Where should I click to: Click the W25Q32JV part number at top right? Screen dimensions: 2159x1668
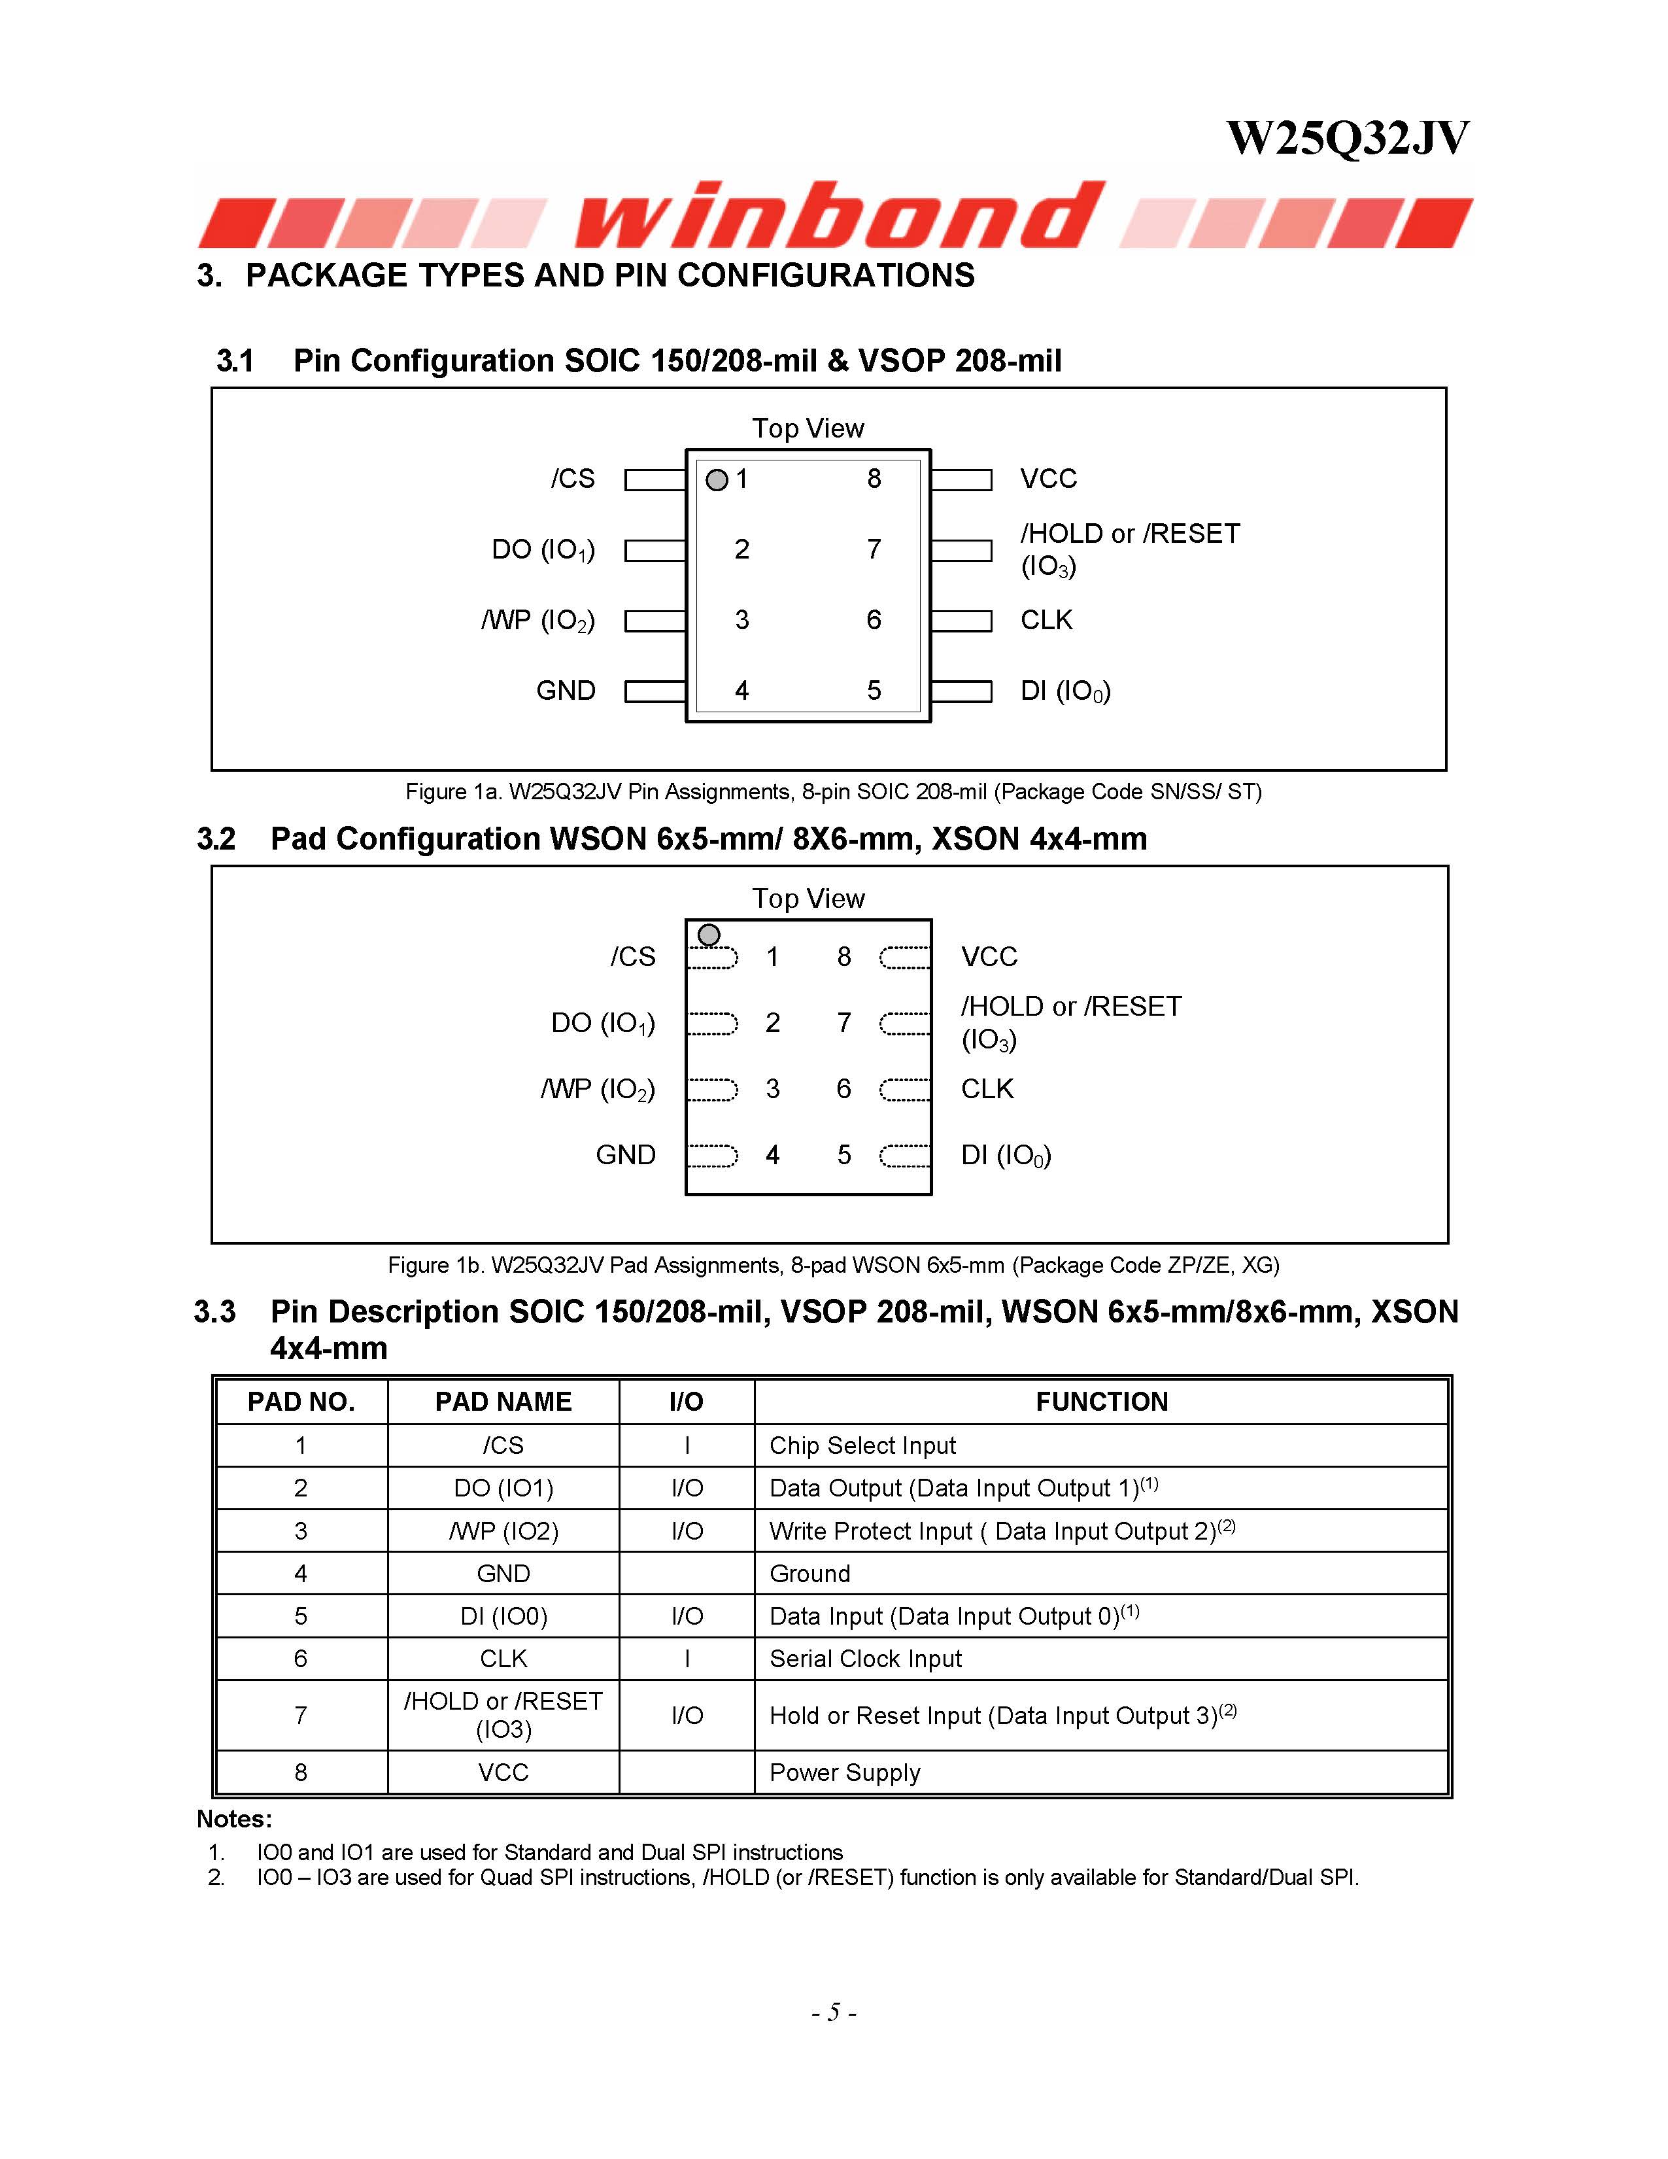[x=1347, y=139]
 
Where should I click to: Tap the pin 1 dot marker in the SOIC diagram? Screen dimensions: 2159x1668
[x=717, y=481]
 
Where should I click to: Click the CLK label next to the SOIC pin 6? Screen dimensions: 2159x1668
[x=1046, y=620]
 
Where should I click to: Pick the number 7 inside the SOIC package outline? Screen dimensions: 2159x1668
[x=874, y=549]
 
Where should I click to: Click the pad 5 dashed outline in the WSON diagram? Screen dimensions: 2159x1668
[x=904, y=1156]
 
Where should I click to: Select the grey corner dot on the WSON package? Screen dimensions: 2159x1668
[x=709, y=934]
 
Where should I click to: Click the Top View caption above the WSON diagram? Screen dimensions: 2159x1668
[x=808, y=899]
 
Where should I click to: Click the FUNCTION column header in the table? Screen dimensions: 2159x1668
[x=1101, y=1402]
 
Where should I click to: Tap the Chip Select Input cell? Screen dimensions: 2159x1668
[x=862, y=1445]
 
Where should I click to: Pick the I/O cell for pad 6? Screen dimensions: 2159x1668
[x=687, y=1659]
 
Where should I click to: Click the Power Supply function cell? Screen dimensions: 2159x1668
[x=845, y=1772]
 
